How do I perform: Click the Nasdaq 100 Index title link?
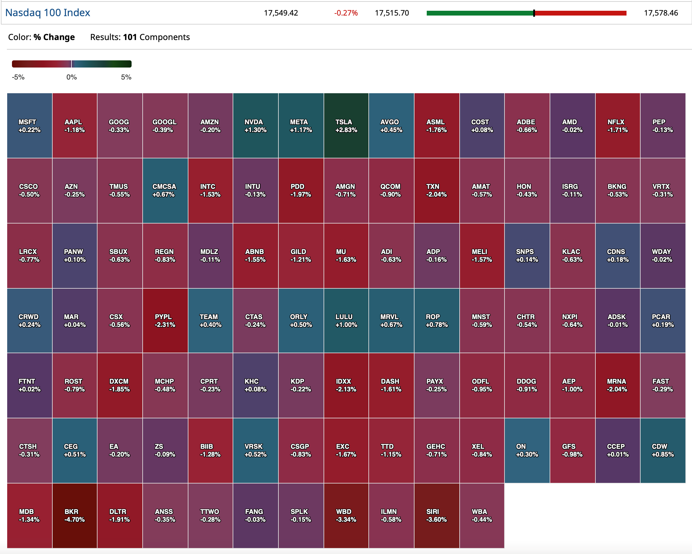tap(48, 13)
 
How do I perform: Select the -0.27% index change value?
tap(346, 13)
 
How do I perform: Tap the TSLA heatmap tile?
tap(346, 126)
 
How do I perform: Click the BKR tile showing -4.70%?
tap(74, 515)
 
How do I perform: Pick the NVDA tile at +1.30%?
tap(255, 126)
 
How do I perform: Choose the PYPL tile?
tap(165, 320)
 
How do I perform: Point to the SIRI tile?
tap(437, 515)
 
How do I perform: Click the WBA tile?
tap(481, 515)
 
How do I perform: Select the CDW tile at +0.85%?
tap(662, 450)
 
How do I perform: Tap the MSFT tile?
tap(30, 126)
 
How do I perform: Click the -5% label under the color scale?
tap(18, 77)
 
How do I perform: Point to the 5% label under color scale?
tap(126, 77)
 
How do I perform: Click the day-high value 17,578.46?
tap(661, 13)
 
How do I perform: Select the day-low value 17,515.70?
tap(391, 13)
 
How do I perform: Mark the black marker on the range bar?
tap(534, 13)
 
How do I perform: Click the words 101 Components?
tap(156, 37)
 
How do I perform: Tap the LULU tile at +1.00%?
tap(346, 320)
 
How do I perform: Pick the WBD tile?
tap(346, 515)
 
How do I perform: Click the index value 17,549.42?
tap(281, 13)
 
